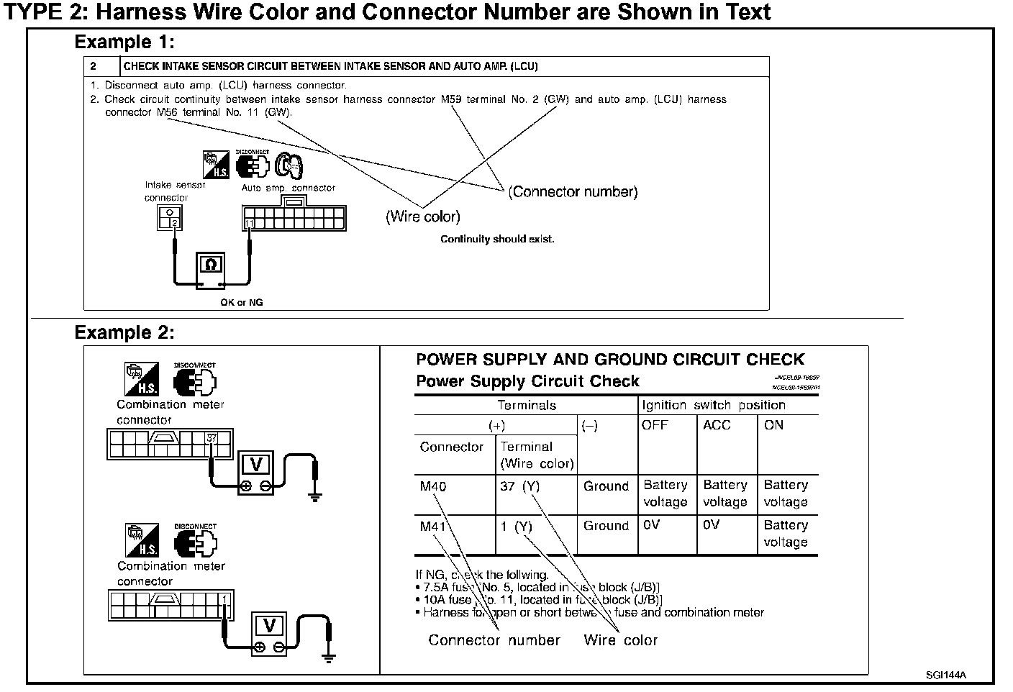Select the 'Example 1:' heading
(x=124, y=42)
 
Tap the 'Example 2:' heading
(x=124, y=333)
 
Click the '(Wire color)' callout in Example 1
(x=422, y=217)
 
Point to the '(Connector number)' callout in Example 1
(x=573, y=192)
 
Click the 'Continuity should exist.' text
(x=497, y=240)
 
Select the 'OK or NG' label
(x=242, y=303)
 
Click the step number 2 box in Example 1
(x=95, y=66)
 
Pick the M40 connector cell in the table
(x=433, y=487)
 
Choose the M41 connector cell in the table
(x=433, y=527)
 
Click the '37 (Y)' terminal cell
(x=519, y=487)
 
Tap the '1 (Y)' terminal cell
(x=516, y=527)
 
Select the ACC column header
(x=717, y=425)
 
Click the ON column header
(x=774, y=425)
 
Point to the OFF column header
(x=655, y=425)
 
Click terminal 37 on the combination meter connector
(x=212, y=437)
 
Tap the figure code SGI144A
(x=945, y=675)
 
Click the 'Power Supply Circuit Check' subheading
(x=527, y=381)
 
